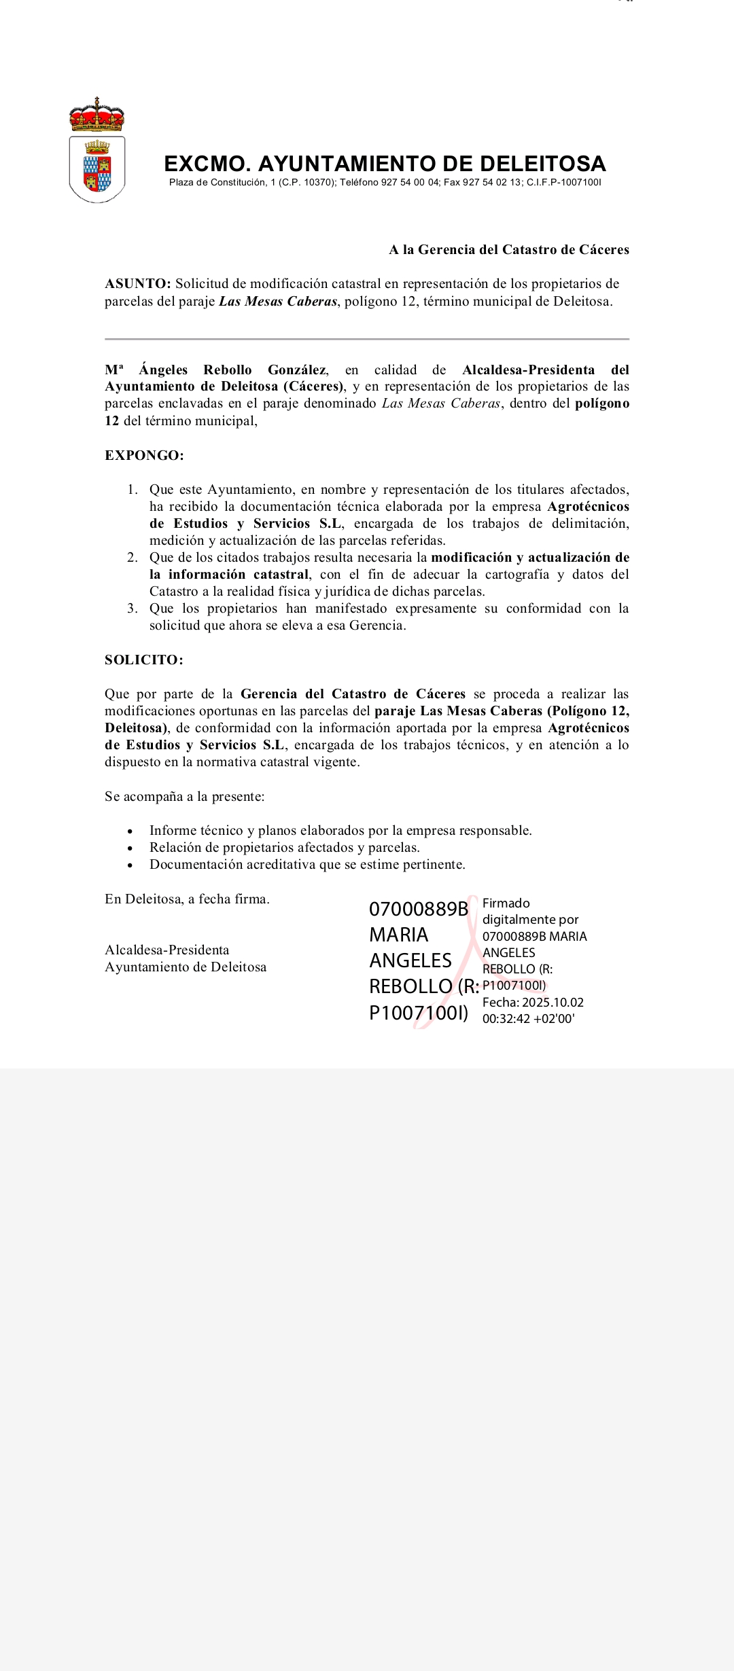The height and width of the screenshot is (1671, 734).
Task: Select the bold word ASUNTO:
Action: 138,284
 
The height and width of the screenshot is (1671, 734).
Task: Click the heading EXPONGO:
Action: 144,456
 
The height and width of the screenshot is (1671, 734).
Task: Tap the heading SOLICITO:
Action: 144,660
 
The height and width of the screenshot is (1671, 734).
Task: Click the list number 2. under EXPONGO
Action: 133,558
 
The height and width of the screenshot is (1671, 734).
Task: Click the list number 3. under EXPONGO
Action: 133,609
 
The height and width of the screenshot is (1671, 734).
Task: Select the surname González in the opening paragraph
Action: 297,370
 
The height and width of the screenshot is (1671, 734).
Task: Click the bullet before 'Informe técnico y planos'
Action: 130,831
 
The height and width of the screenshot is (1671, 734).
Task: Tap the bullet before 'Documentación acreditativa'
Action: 130,865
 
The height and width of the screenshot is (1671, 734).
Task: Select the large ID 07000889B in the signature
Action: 419,910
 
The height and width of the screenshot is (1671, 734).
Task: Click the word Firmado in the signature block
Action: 506,903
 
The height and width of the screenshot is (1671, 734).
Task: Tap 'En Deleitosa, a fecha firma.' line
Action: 187,899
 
